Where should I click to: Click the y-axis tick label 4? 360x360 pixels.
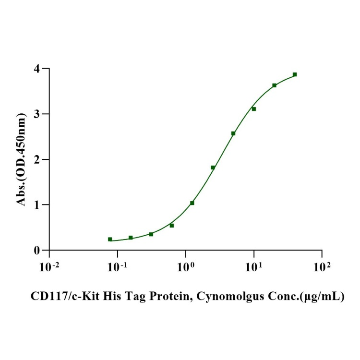(x=37, y=69)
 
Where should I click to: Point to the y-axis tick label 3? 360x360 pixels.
(x=37, y=114)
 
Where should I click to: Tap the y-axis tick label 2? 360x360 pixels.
(x=37, y=159)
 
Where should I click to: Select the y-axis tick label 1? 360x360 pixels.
(x=37, y=205)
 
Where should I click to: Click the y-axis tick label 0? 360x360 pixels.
(x=37, y=250)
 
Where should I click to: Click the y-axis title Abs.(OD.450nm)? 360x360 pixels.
(x=21, y=159)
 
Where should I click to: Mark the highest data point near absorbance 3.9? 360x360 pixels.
(x=295, y=74)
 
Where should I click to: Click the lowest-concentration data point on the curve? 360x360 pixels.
(x=110, y=239)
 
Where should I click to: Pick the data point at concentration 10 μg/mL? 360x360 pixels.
(x=254, y=109)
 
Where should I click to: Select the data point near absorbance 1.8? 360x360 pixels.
(x=213, y=168)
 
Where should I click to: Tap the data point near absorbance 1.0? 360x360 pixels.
(x=192, y=203)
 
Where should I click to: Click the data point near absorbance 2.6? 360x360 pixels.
(x=233, y=133)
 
